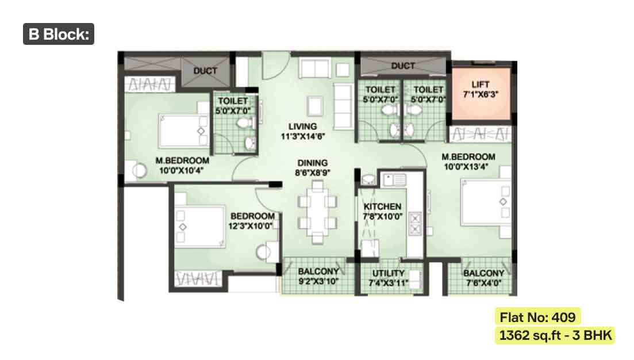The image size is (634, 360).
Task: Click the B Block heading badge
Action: click(x=59, y=34)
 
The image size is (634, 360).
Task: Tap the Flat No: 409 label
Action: click(x=538, y=317)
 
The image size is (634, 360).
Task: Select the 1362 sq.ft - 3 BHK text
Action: click(x=555, y=335)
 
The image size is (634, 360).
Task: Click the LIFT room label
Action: click(x=481, y=89)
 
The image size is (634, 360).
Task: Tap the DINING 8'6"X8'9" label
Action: click(x=313, y=168)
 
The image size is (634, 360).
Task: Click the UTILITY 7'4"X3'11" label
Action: click(x=388, y=278)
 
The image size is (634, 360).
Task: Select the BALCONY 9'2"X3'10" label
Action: click(x=318, y=276)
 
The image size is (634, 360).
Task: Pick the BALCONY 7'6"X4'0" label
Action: click(x=483, y=278)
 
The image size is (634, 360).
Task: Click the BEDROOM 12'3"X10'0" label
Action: click(x=252, y=221)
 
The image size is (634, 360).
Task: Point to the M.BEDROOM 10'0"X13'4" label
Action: click(x=468, y=162)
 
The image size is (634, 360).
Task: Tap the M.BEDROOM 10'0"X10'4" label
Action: click(x=182, y=166)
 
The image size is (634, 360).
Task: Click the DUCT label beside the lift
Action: click(x=403, y=66)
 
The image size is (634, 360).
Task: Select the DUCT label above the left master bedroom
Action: click(x=205, y=71)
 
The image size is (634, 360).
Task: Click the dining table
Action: click(x=317, y=212)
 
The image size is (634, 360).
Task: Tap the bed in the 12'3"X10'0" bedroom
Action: click(x=199, y=226)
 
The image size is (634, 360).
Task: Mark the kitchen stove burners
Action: click(x=415, y=224)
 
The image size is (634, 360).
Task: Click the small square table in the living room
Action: click(x=314, y=106)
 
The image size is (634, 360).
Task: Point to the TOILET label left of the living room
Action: click(x=233, y=106)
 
